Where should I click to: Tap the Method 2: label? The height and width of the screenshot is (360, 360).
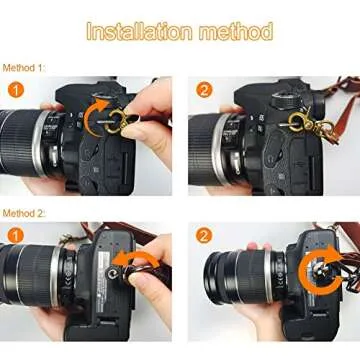(x=23, y=213)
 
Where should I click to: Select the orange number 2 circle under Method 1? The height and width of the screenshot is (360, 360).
(x=203, y=91)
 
